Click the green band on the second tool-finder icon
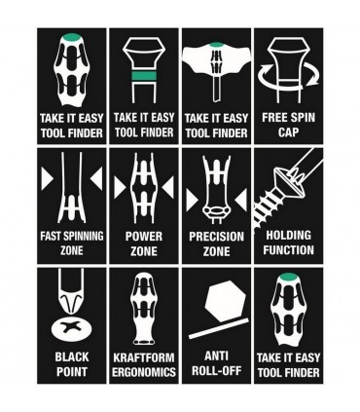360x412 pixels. click(x=144, y=76)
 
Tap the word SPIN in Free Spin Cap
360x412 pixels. click(x=303, y=117)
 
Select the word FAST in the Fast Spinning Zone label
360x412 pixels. click(x=50, y=236)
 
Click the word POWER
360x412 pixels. click(x=144, y=236)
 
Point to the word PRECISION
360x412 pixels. click(x=216, y=237)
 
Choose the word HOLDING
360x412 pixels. click(x=288, y=235)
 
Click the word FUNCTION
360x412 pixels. click(x=288, y=250)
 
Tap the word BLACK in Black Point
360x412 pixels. click(x=72, y=356)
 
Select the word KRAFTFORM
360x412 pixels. click(x=144, y=357)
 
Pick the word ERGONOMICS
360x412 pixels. click(x=144, y=372)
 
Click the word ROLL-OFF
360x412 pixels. click(x=216, y=371)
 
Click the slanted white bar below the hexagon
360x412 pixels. click(x=219, y=328)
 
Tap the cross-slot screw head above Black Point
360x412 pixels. click(x=71, y=328)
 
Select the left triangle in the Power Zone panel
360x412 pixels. click(x=120, y=188)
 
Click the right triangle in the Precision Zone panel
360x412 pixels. click(x=240, y=199)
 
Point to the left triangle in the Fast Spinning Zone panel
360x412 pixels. click(x=47, y=178)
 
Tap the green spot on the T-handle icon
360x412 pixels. click(x=217, y=45)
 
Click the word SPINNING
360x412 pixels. click(x=82, y=236)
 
